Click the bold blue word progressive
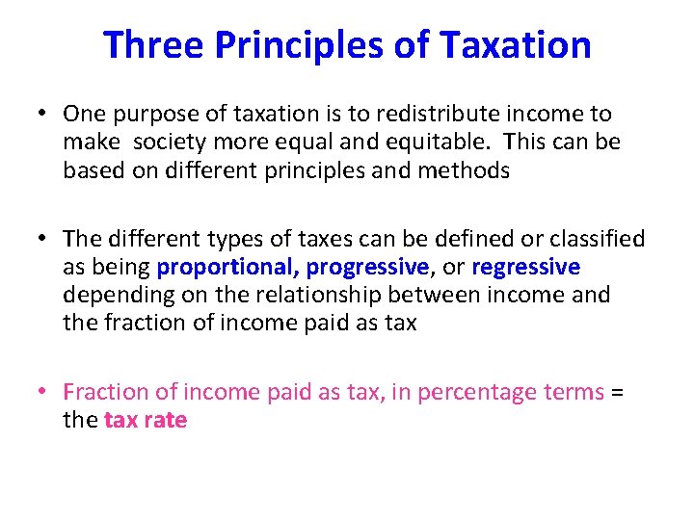pos(367,267)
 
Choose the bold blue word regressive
pos(525,267)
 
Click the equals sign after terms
pos(619,392)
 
